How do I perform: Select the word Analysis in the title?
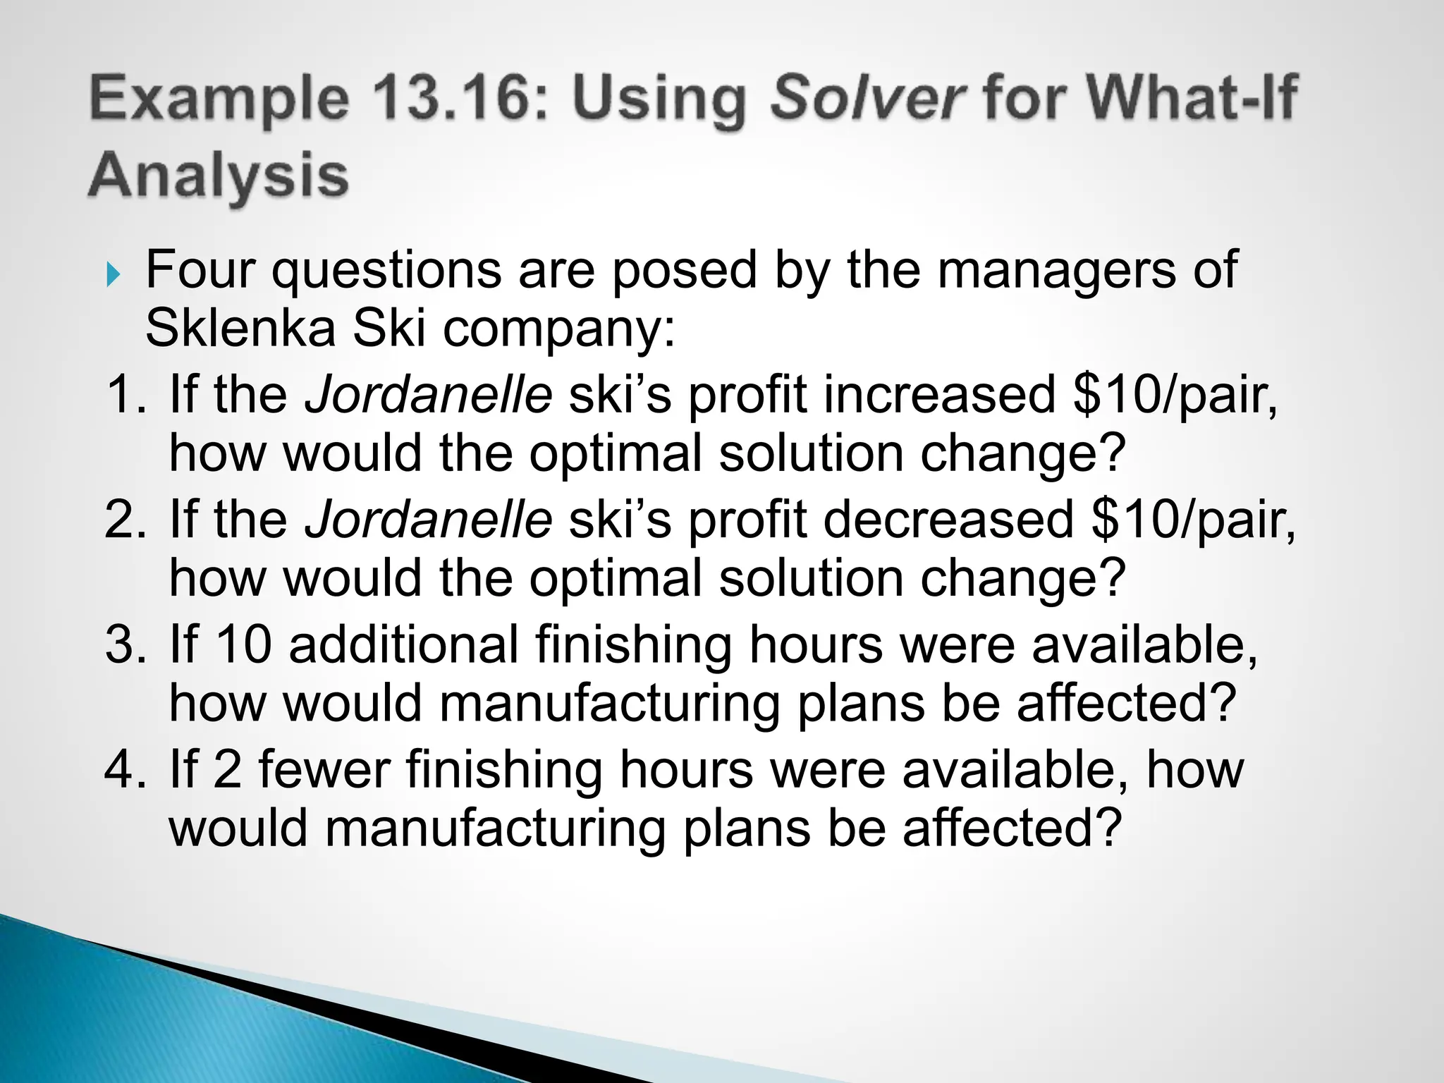tap(219, 175)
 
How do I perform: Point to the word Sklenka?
tap(240, 329)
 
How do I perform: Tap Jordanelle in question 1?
tap(428, 395)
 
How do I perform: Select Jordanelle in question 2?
tap(428, 520)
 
